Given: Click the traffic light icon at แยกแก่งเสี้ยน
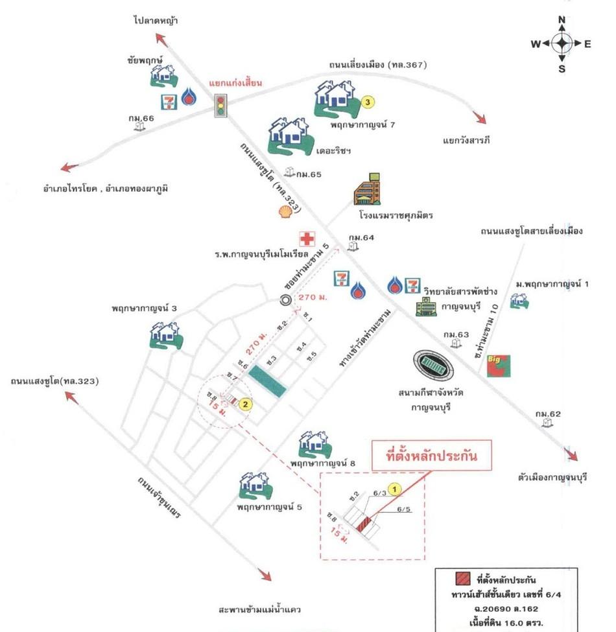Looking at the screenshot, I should click(x=222, y=105).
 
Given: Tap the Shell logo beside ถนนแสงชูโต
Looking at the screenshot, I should click(x=284, y=212).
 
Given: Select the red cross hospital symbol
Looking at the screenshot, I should click(x=305, y=239).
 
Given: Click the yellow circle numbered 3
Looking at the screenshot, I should click(x=368, y=102).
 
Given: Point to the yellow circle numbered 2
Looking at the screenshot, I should click(x=245, y=404).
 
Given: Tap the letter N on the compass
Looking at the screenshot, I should click(x=562, y=19).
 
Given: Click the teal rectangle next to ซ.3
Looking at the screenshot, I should click(x=268, y=380).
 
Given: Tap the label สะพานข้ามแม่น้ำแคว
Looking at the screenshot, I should click(x=260, y=610).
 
